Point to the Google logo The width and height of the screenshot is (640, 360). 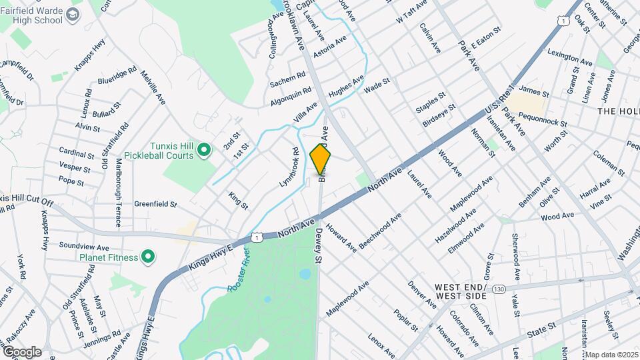[x=21, y=351]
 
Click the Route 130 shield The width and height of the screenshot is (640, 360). [x=499, y=288]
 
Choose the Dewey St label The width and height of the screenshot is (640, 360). [x=319, y=246]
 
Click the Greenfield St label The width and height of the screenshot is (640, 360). [x=155, y=204]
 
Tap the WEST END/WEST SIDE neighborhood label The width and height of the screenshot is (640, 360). [x=461, y=291]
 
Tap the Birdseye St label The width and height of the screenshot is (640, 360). [x=439, y=115]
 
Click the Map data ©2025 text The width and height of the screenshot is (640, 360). [x=612, y=354]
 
